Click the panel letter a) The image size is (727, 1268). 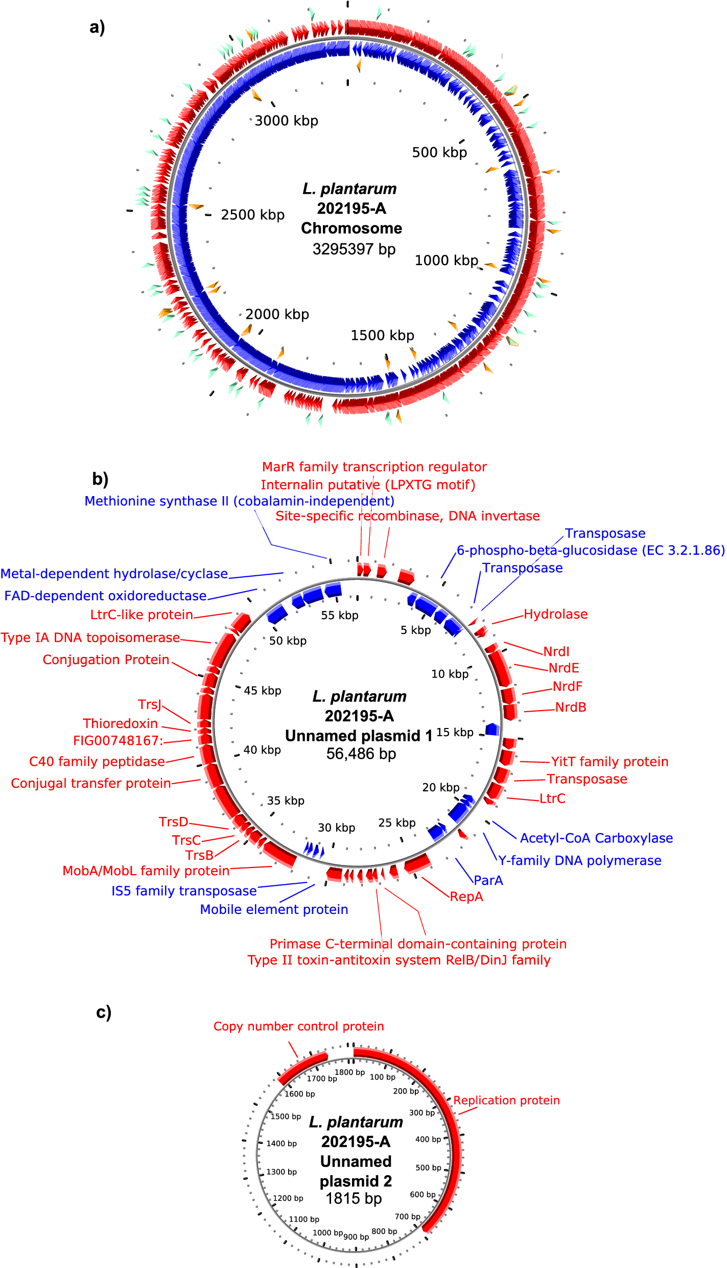[x=97, y=27]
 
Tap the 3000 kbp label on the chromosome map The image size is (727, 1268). [x=286, y=121]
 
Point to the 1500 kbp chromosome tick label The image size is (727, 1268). [x=382, y=335]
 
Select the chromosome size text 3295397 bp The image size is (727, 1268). [x=354, y=249]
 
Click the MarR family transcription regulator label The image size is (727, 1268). [x=374, y=467]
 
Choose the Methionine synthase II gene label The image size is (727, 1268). [x=239, y=501]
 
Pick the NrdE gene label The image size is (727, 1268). [x=564, y=668]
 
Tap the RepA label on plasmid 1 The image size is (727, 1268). [x=466, y=897]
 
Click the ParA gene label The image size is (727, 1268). [x=488, y=880]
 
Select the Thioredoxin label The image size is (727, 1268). [x=121, y=723]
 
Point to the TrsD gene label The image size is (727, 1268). [x=174, y=821]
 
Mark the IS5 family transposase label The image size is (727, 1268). [x=184, y=891]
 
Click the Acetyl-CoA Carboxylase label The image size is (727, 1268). [x=596, y=838]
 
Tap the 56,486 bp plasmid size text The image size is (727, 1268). [x=361, y=754]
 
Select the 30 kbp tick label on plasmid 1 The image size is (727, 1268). [x=336, y=828]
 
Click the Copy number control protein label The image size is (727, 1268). [x=298, y=1026]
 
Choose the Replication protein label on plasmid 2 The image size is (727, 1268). [x=506, y=1100]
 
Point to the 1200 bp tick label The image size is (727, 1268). [x=288, y=1198]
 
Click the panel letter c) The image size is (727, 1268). [x=104, y=1012]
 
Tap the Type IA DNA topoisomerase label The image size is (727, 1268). [x=90, y=638]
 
